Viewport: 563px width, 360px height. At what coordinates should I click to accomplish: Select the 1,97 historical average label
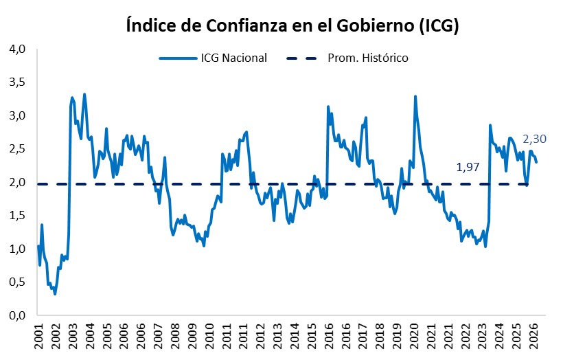(x=468, y=167)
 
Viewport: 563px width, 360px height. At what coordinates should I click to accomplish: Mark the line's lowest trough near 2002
(x=55, y=294)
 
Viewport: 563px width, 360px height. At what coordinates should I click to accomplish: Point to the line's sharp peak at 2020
(x=415, y=96)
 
